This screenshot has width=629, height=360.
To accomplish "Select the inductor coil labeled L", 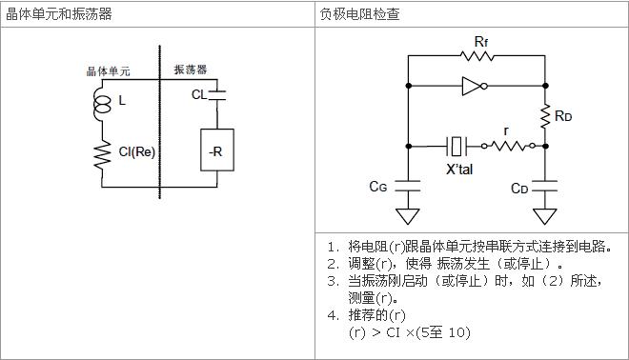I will (x=99, y=101).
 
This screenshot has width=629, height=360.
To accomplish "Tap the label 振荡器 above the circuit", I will (x=191, y=70).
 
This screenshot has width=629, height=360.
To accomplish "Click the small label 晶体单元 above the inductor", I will (x=106, y=70).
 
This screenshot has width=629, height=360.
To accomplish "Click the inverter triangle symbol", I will (x=473, y=88).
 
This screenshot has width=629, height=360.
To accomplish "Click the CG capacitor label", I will (x=380, y=187).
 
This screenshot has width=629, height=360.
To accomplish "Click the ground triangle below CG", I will (x=410, y=200).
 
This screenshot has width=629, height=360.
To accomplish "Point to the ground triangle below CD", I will (x=546, y=200).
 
